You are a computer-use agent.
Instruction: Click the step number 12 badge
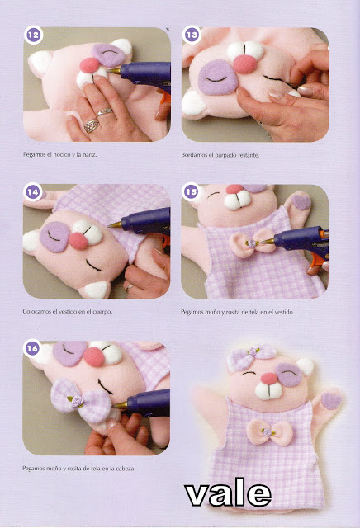click(33, 35)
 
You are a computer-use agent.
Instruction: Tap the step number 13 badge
click(192, 35)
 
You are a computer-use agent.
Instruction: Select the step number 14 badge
click(33, 192)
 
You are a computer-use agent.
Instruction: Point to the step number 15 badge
click(191, 192)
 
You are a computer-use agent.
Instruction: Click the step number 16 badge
click(33, 348)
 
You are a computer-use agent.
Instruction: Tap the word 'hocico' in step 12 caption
click(61, 154)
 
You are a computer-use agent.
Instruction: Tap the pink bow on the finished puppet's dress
click(269, 432)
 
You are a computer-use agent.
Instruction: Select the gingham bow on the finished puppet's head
click(250, 356)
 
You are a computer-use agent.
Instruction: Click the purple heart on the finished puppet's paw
click(331, 401)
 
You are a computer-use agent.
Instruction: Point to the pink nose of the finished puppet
click(270, 378)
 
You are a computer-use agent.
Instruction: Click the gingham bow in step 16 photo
click(81, 401)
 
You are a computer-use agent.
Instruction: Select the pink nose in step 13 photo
click(244, 64)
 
